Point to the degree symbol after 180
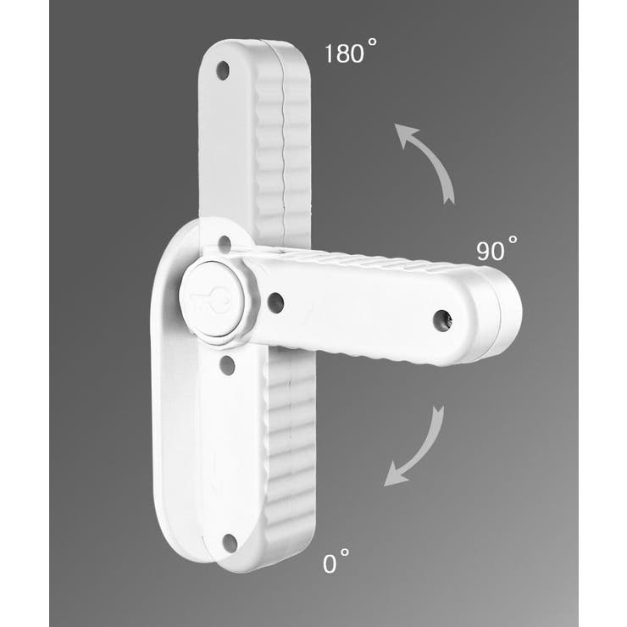coord(372,42)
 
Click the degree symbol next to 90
coord(513,240)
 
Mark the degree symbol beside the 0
coord(344,552)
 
